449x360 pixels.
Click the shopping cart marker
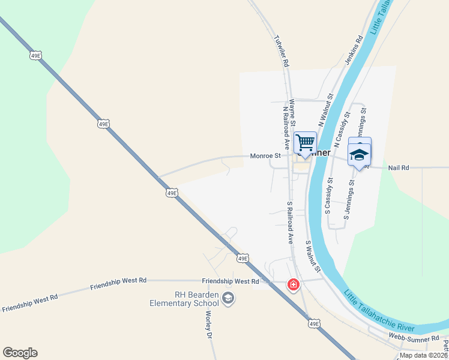(305, 143)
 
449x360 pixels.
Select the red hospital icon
(294, 284)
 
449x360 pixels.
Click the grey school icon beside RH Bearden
(228, 298)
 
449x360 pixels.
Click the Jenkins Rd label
(355, 46)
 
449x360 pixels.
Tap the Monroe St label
(265, 156)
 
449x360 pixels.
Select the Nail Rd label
(398, 168)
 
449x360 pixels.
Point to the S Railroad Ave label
(289, 221)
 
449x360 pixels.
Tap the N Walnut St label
(326, 109)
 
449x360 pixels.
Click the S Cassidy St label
(329, 196)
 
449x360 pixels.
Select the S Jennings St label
(349, 198)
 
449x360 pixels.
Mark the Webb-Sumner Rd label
(414, 338)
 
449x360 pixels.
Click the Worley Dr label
(209, 325)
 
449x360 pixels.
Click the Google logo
(20, 353)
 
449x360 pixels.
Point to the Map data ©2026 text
(423, 355)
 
